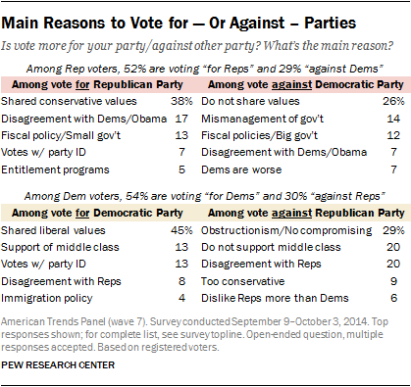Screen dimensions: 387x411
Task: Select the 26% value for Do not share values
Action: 391,101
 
